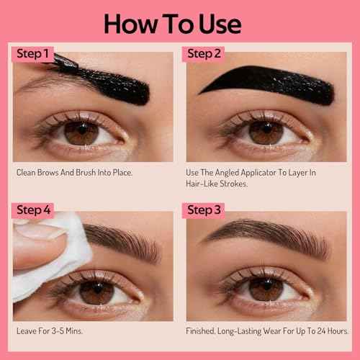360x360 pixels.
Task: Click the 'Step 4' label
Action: [x=34, y=210]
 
